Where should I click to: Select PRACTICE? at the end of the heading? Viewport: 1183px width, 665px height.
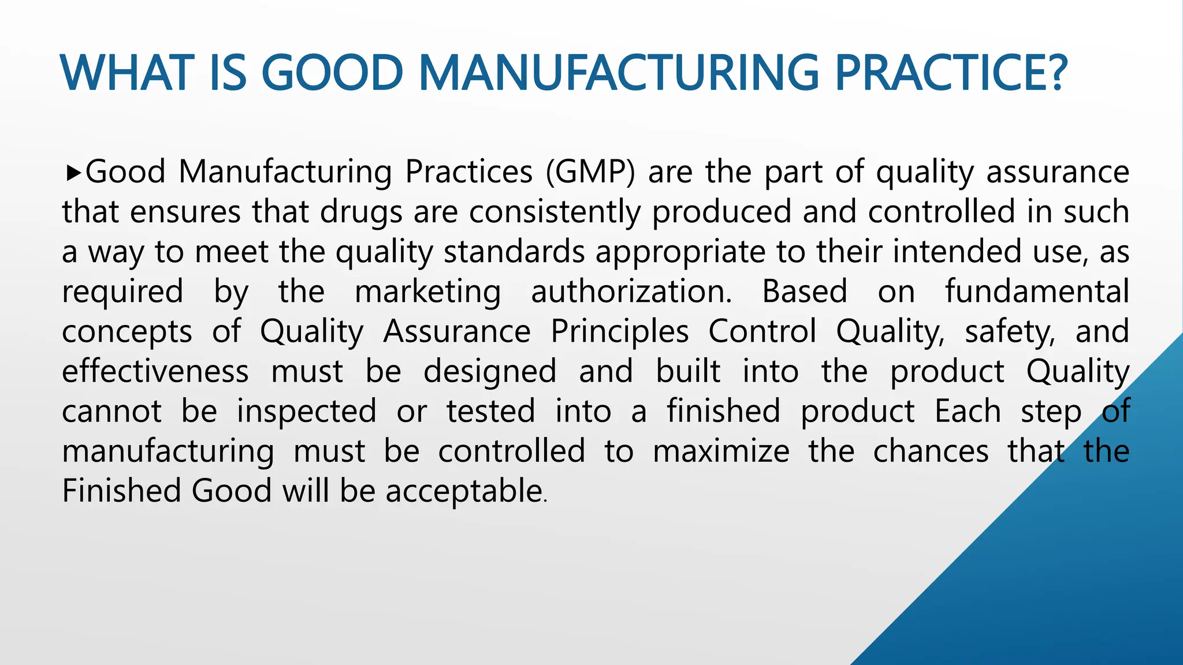950,73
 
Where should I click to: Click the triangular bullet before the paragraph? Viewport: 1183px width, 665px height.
72,172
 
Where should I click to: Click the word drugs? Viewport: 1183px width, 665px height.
360,212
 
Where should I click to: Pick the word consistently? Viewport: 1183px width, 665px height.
555,212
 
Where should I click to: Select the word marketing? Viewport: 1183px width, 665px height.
427,292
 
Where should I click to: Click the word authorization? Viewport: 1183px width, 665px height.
631,292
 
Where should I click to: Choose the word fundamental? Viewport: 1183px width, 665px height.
1037,292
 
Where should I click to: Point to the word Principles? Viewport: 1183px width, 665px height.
619,331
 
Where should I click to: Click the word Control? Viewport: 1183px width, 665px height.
762,331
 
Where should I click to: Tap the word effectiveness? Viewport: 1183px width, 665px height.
155,371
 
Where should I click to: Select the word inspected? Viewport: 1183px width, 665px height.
306,411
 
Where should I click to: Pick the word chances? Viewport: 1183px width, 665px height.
931,451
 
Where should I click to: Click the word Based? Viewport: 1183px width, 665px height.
805,292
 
